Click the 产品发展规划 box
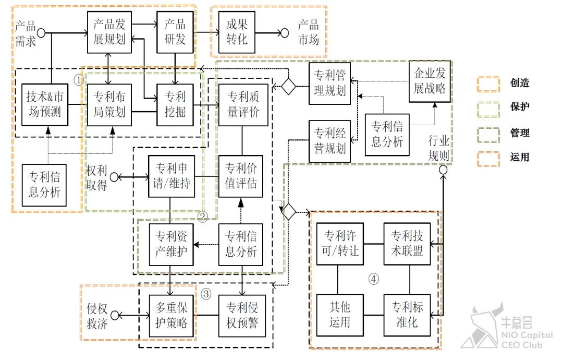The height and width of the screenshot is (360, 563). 110,31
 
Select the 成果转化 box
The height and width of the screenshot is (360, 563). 237,31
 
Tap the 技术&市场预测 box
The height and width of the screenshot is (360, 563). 47,104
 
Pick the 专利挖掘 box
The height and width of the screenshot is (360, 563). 175,104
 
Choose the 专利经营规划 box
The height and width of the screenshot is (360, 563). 330,140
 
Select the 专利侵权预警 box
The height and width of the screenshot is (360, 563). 240,315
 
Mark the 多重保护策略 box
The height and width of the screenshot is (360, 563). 172,315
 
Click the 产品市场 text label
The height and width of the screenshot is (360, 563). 308,32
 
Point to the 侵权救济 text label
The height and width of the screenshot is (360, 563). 97,315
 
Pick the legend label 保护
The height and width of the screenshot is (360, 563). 520,107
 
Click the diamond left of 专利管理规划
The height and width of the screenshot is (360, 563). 288,86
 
